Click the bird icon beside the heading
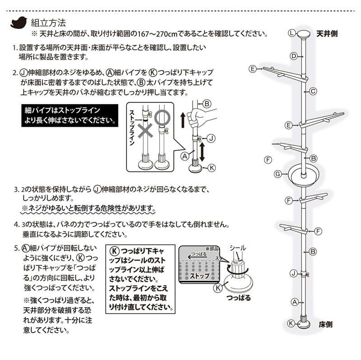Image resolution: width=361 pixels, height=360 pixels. pos(19,22)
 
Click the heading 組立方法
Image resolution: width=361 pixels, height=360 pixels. pos(49,22)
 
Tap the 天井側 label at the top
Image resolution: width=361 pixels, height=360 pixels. pos(327,33)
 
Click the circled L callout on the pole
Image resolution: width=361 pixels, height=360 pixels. pos(292,33)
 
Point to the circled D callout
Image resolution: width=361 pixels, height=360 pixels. pos(293,56)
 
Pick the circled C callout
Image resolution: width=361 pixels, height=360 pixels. pos(311,91)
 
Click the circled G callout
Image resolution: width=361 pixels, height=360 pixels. pos(278,173)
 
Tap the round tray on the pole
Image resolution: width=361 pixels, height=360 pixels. pos(304,174)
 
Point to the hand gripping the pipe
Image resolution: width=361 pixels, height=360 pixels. pos(195,118)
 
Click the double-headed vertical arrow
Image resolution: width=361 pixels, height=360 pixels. pos(202,152)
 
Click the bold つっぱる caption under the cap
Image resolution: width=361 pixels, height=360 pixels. pos(236,298)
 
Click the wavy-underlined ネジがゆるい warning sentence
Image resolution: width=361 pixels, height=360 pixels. pos(89,209)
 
